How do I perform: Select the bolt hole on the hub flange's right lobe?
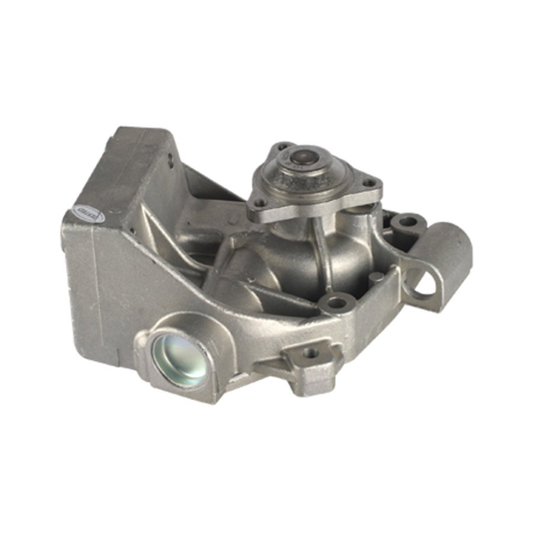tap(370, 183)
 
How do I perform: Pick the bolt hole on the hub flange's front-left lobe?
tap(258, 203)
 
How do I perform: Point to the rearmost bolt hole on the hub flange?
tap(283, 146)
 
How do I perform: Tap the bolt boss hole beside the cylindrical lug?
tap(407, 222)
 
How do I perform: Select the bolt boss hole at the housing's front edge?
tap(337, 303)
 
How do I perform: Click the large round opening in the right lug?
tap(424, 285)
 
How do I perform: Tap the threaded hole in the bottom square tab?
tap(310, 354)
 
